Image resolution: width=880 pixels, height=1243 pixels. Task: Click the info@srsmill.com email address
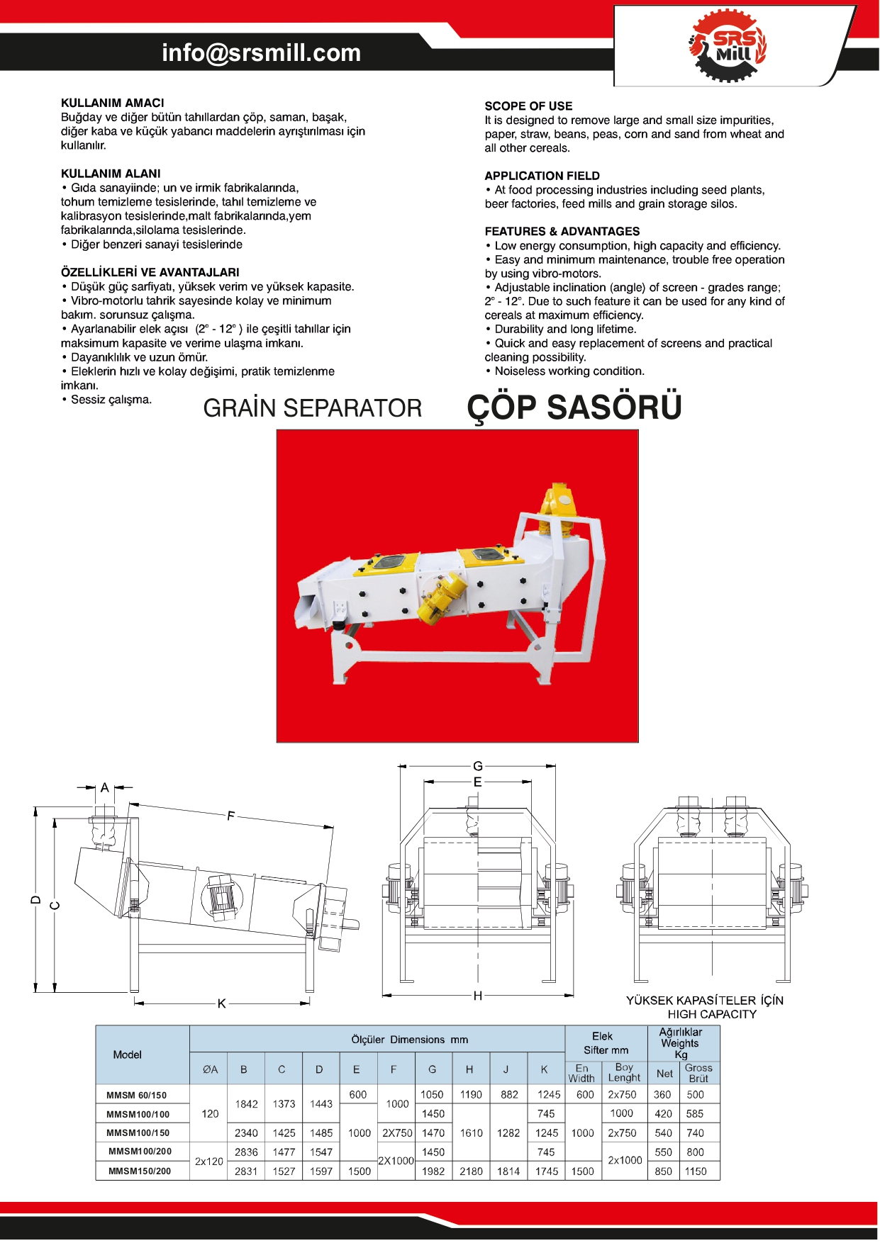[261, 53]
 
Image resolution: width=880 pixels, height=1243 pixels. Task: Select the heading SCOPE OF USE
[528, 106]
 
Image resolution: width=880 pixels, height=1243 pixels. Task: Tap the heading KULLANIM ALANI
[111, 174]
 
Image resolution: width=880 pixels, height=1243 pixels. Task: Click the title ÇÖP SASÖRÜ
[574, 408]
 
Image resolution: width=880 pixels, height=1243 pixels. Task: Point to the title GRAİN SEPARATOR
[312, 408]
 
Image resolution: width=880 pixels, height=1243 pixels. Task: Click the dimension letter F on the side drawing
[230, 816]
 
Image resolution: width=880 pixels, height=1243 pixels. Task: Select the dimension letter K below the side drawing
[222, 1003]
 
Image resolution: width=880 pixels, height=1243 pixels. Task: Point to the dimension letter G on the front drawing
[478, 766]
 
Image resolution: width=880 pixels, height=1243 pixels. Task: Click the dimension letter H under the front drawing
[478, 996]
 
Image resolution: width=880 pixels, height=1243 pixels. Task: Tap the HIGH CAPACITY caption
[711, 1014]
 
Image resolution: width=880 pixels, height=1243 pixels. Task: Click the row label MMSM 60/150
[137, 1095]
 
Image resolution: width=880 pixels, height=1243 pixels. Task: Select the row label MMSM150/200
[140, 1171]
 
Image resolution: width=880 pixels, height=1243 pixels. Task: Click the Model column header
[128, 1054]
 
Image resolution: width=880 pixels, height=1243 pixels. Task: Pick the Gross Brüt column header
[698, 1073]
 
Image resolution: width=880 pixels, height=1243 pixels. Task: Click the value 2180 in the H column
[471, 1171]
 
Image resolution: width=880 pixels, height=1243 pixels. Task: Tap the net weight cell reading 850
[664, 1171]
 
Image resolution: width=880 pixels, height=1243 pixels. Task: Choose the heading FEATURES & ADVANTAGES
[562, 232]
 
